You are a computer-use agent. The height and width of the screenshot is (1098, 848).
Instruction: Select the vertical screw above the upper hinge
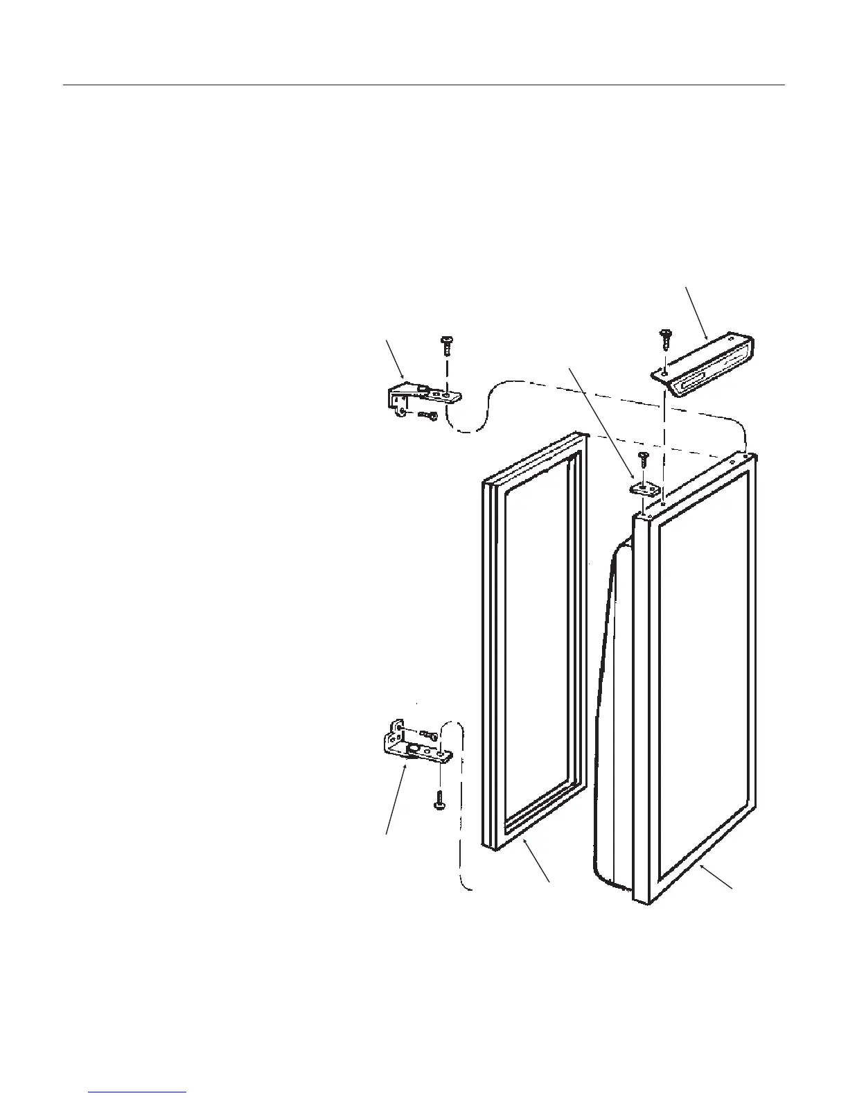pos(446,345)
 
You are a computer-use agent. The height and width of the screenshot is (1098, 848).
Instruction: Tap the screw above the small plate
pos(642,459)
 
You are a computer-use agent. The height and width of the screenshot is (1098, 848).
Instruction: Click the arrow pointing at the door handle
pos(696,312)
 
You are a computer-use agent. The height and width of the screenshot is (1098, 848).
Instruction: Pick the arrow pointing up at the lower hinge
pos(396,798)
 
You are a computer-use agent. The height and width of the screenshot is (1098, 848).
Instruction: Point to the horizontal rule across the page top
pos(424,86)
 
